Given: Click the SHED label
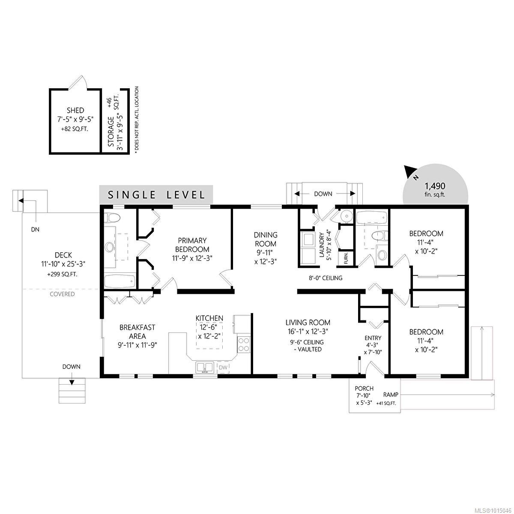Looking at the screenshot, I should [75, 110].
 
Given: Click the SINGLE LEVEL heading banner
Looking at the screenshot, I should [156, 195].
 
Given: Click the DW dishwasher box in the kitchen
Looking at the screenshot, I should [223, 368].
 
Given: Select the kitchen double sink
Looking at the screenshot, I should [205, 368].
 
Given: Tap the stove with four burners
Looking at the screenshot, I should [244, 344].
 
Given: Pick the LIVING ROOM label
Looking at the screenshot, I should [308, 323].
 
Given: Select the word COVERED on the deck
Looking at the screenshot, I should [62, 294].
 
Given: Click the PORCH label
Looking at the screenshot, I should [364, 388].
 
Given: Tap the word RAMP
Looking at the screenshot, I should [391, 394].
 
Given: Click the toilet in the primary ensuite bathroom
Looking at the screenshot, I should [113, 218].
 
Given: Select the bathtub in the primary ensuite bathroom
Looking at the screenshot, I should [120, 281].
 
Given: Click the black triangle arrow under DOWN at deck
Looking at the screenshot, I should [72, 382].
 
